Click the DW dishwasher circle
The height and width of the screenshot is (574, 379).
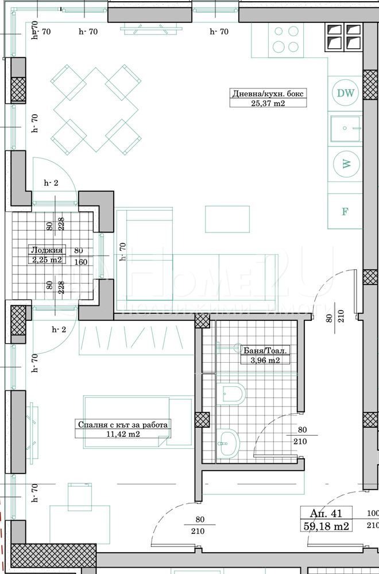345,93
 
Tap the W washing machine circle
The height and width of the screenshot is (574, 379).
345,164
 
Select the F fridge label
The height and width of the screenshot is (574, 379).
345,211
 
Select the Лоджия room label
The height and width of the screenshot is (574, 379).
47,250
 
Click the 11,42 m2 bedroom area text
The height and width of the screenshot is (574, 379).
123,435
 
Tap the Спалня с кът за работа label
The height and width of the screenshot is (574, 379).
123,425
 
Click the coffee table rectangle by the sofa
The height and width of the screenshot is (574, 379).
227,219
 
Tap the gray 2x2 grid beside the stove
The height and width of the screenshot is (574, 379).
343,37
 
